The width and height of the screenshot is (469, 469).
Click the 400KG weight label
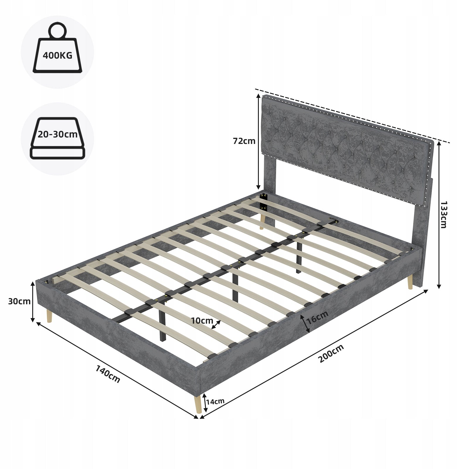coord(57,55)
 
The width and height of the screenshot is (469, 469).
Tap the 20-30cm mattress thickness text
coord(57,135)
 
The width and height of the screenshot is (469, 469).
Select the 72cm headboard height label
coord(244,141)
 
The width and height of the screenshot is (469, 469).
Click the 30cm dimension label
coord(19,301)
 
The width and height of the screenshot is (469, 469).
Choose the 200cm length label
coord(331,353)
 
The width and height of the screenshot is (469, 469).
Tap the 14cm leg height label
coord(215,401)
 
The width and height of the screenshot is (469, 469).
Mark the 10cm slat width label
coord(202,321)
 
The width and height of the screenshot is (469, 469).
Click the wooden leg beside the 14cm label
coord(198,404)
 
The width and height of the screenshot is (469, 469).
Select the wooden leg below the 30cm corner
coord(49,316)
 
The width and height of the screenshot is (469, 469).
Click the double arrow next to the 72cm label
coord(258,142)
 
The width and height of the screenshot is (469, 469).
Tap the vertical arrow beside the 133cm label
coord(439,215)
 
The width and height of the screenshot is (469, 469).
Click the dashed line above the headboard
coord(352,116)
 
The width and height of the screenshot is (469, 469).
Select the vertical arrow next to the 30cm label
coord(33,302)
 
